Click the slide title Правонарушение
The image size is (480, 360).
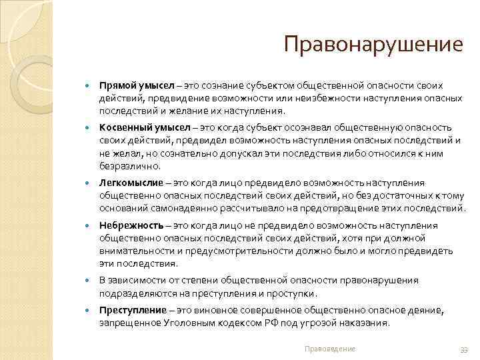point(373,45)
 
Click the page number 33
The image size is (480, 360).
point(465,349)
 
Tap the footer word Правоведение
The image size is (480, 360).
point(329,349)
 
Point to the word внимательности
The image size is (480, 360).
point(137,251)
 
